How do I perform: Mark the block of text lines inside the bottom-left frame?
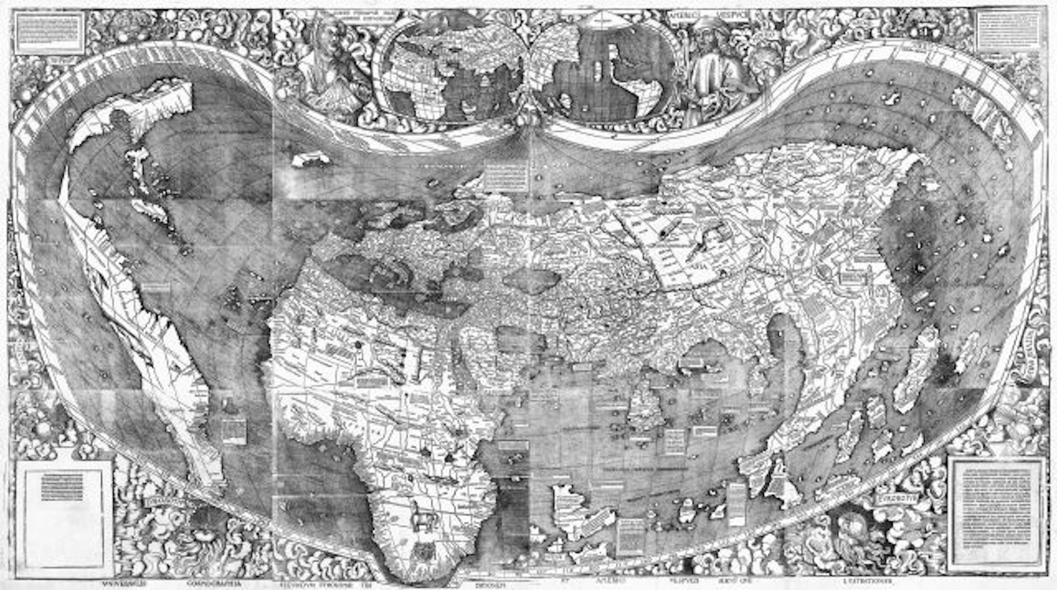coord(62,486)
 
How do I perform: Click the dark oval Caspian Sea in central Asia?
coord(531,280)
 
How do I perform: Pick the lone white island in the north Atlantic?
coord(310,159)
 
